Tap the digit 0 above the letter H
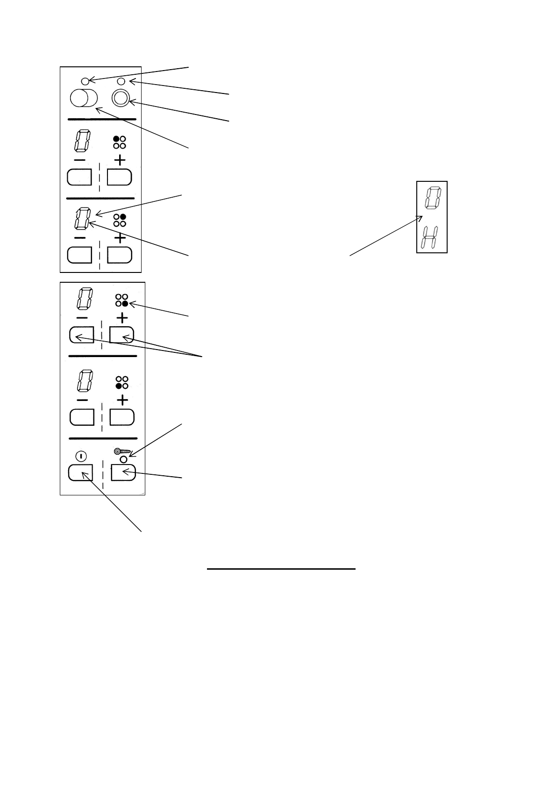click(432, 198)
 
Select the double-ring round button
click(120, 98)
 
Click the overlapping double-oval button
click(83, 98)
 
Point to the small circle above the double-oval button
click(85, 81)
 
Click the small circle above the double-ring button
click(121, 82)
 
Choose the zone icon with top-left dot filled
click(120, 143)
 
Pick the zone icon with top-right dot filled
click(120, 220)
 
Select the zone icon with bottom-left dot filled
click(122, 383)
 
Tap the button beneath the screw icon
click(123, 473)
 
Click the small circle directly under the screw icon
click(124, 459)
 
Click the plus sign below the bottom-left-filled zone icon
click(122, 400)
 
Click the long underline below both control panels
click(281, 569)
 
